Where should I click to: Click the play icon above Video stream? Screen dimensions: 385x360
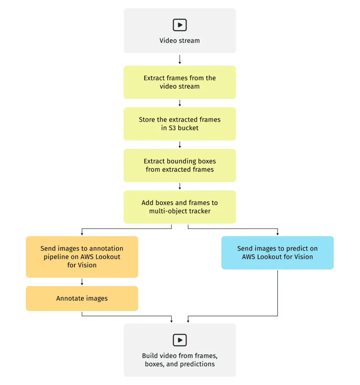(x=180, y=25)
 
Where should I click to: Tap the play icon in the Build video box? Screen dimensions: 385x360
(x=180, y=340)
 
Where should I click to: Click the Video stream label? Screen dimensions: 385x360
(x=180, y=41)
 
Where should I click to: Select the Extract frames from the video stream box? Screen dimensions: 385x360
(x=180, y=82)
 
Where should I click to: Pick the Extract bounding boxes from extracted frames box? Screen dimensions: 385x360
(x=180, y=165)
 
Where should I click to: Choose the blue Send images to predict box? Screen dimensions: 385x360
(x=277, y=253)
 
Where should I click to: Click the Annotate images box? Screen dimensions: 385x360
(x=82, y=299)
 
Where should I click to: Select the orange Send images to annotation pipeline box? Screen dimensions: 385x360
(x=82, y=257)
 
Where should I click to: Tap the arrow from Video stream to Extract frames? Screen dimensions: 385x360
(x=180, y=59)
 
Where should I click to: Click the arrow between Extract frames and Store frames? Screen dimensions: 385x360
(x=180, y=103)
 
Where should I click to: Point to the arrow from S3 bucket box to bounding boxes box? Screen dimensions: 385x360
(x=180, y=145)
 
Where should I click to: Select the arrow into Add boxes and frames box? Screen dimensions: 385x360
(x=180, y=186)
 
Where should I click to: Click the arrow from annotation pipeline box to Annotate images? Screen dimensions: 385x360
(x=82, y=282)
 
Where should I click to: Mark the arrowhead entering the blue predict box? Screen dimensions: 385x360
(x=278, y=233)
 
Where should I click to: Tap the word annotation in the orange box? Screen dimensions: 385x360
(x=105, y=249)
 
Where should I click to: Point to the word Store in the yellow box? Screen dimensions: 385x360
(x=147, y=120)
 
